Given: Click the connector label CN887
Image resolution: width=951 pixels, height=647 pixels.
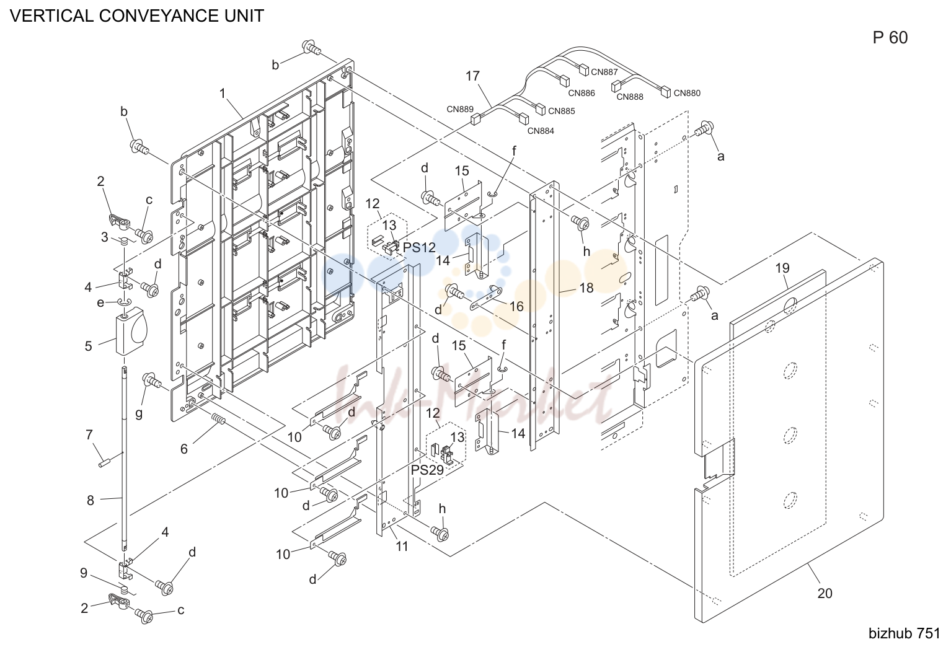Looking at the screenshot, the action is [604, 72].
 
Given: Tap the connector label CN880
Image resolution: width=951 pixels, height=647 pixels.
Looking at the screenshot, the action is [687, 93].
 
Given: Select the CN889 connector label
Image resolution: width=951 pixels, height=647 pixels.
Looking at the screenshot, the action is [460, 109].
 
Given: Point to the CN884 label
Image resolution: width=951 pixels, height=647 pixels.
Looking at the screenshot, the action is [541, 131].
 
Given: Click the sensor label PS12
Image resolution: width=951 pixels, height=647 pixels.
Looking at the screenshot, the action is [419, 247].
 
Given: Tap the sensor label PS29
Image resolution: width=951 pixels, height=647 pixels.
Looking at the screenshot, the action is [427, 470].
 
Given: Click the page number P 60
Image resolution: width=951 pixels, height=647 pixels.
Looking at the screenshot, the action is [890, 38].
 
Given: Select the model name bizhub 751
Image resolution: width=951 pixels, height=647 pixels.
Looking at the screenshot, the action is [905, 633].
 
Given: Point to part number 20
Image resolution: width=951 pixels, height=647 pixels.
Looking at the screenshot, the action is [825, 593].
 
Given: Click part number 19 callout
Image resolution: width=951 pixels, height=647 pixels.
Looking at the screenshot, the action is [782, 268].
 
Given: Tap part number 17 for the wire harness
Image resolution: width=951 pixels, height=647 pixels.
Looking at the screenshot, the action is [472, 76].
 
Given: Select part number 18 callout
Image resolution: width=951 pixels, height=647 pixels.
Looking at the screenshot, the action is [586, 288].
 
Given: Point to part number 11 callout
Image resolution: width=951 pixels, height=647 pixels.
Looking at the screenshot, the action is [402, 546].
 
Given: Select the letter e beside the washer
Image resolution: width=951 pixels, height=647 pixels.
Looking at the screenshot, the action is [100, 302].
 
